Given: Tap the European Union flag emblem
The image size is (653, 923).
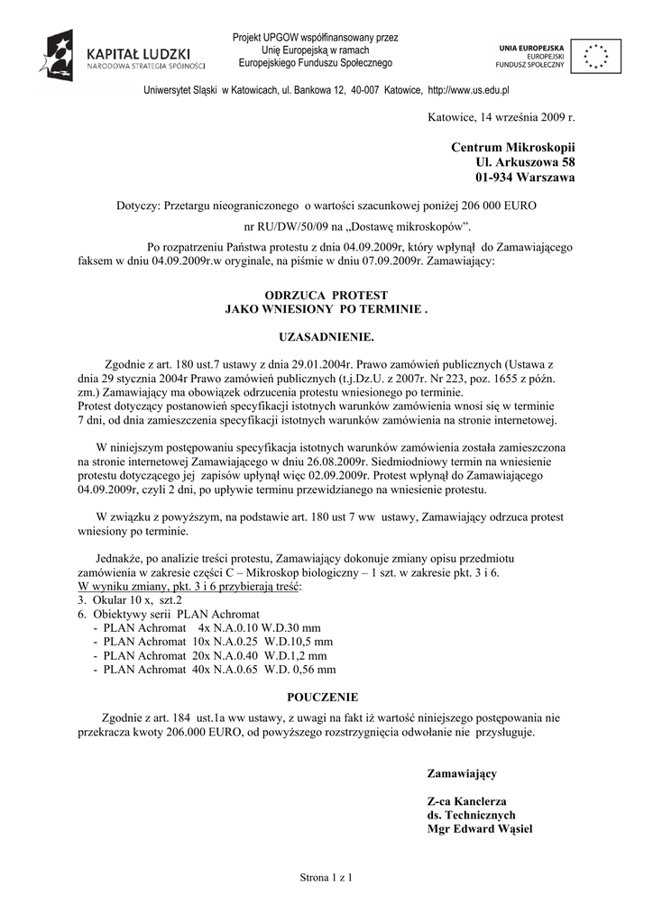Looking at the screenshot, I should tap(594, 56).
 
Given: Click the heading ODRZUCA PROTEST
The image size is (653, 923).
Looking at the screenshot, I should tap(326, 296).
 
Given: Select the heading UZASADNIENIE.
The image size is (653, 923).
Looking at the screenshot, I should tap(326, 335).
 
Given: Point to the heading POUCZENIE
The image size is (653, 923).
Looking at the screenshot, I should tap(323, 697).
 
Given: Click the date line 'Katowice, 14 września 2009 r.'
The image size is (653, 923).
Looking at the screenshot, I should tap(501, 118).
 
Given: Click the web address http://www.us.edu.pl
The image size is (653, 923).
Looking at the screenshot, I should tap(469, 91).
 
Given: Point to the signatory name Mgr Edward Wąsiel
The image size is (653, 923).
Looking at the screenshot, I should tap(480, 828).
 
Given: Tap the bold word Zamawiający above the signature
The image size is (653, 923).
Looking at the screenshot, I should tap(462, 773).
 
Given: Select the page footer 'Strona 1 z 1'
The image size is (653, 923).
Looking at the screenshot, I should tap(325, 876).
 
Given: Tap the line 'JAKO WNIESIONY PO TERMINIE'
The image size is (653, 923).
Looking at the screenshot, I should tap(326, 309).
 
